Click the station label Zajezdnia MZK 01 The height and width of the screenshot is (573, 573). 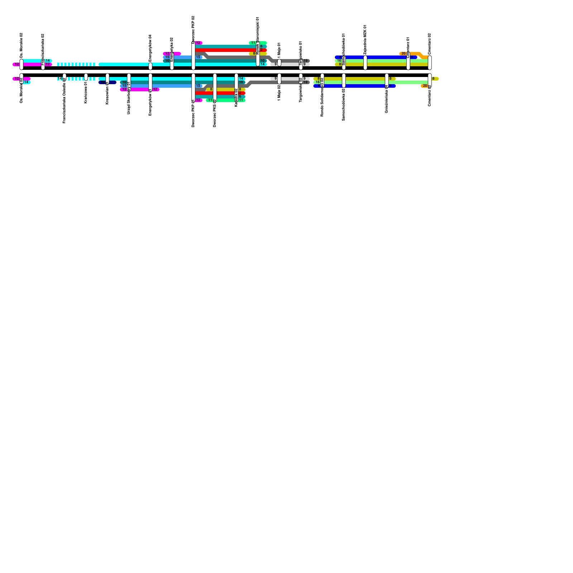click(x=365, y=39)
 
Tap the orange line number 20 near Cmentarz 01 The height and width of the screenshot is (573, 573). click(x=404, y=54)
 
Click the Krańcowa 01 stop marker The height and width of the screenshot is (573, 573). click(x=86, y=77)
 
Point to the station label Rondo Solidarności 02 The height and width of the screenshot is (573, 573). click(x=322, y=97)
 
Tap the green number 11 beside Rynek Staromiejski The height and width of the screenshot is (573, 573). click(x=253, y=43)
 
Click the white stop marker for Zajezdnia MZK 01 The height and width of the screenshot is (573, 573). click(x=365, y=63)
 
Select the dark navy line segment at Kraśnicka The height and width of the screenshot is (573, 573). click(x=112, y=82)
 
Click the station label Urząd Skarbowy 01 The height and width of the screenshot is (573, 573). click(x=129, y=98)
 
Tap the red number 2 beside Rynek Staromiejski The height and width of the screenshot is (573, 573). click(x=261, y=50)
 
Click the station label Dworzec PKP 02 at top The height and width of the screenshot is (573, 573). click(x=193, y=29)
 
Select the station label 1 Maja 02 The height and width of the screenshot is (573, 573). click(x=279, y=92)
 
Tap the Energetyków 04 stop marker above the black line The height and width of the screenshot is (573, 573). click(x=150, y=66)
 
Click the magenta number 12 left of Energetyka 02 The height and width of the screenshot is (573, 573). click(x=167, y=54)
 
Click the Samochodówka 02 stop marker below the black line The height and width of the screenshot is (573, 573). click(x=344, y=80)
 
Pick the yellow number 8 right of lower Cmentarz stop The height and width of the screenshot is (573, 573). click(x=433, y=79)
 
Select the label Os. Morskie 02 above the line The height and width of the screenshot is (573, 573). click(x=21, y=45)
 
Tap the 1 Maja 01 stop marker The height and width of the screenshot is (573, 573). click(x=279, y=63)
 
